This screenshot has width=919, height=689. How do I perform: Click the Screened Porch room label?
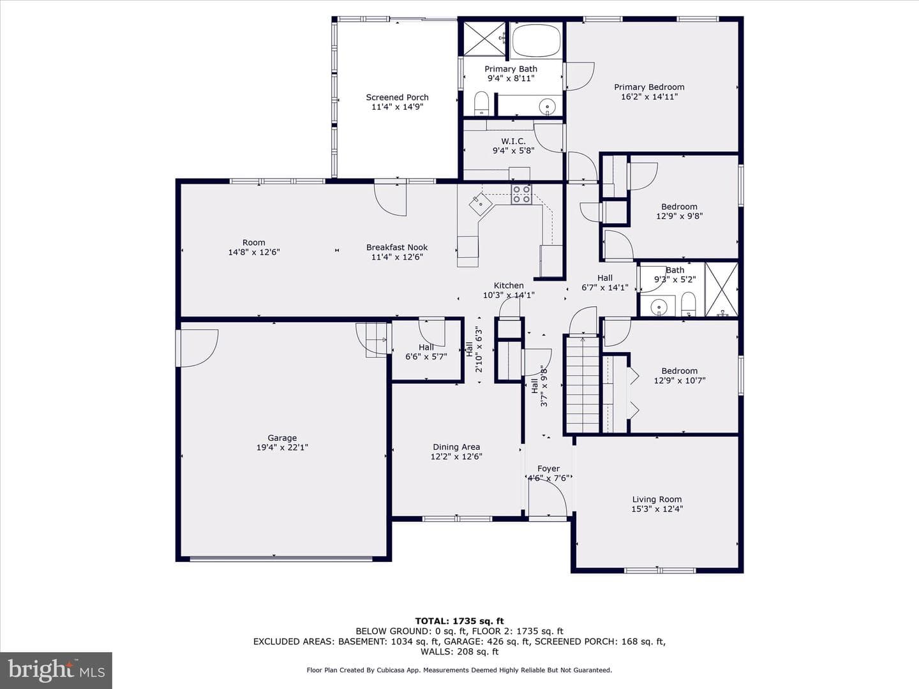pos(398,98)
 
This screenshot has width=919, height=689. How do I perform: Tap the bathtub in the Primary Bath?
pos(536,40)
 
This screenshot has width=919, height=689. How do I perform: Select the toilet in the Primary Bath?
pos(481,103)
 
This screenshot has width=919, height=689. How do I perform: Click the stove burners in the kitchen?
pos(521,195)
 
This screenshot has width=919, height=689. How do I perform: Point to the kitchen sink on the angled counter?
pos(481,204)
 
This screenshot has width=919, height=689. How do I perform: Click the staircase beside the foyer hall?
pos(583,385)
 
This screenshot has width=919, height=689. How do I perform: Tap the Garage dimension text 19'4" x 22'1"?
pos(282,447)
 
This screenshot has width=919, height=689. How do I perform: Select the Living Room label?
pos(657,499)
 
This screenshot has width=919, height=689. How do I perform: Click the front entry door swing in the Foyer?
pos(548,498)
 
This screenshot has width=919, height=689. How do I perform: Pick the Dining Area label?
pos(456,447)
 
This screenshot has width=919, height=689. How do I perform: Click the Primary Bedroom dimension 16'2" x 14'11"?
pos(650,96)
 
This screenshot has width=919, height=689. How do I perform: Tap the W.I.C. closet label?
pos(513,142)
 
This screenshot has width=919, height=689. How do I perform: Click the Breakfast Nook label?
pos(397,248)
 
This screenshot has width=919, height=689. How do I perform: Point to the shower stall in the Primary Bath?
pos(485,38)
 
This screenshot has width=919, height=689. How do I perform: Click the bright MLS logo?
pos(56,670)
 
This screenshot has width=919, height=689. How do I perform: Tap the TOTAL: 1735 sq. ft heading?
pos(459,621)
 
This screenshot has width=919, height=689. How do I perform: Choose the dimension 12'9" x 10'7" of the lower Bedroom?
pos(680,380)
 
